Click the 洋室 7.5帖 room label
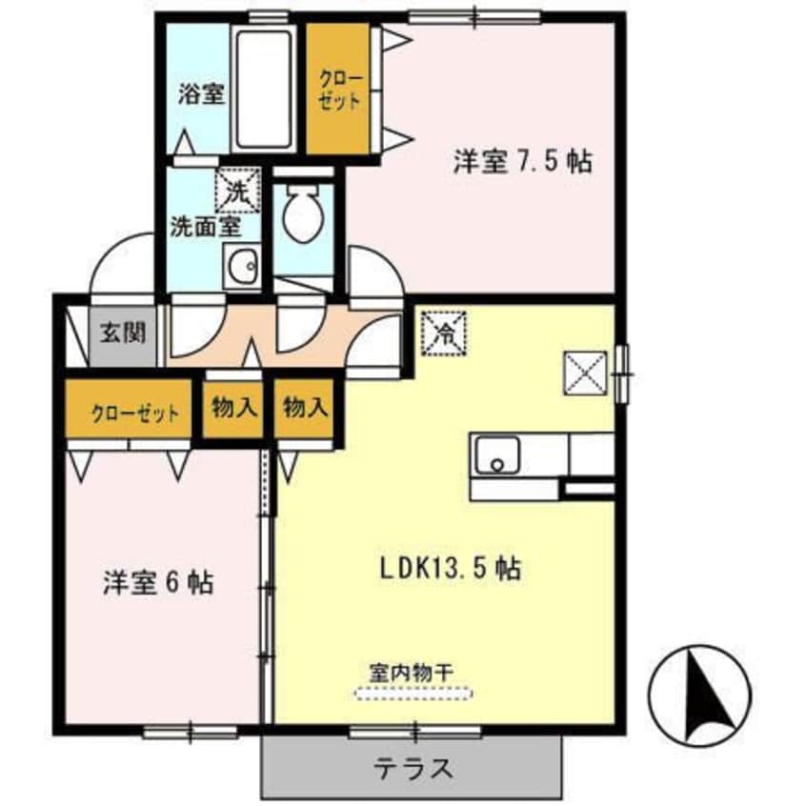coord(522,162)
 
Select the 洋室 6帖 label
coord(157,581)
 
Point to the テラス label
coord(413,768)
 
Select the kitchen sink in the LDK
coord(496,455)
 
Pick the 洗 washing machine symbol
coord(237,188)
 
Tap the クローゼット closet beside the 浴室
coord(338,88)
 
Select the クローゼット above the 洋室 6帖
coord(134,413)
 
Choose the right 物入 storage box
coord(306,409)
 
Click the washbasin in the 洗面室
coord(242,266)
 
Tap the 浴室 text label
coord(200,93)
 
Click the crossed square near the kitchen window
coord(585,371)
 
